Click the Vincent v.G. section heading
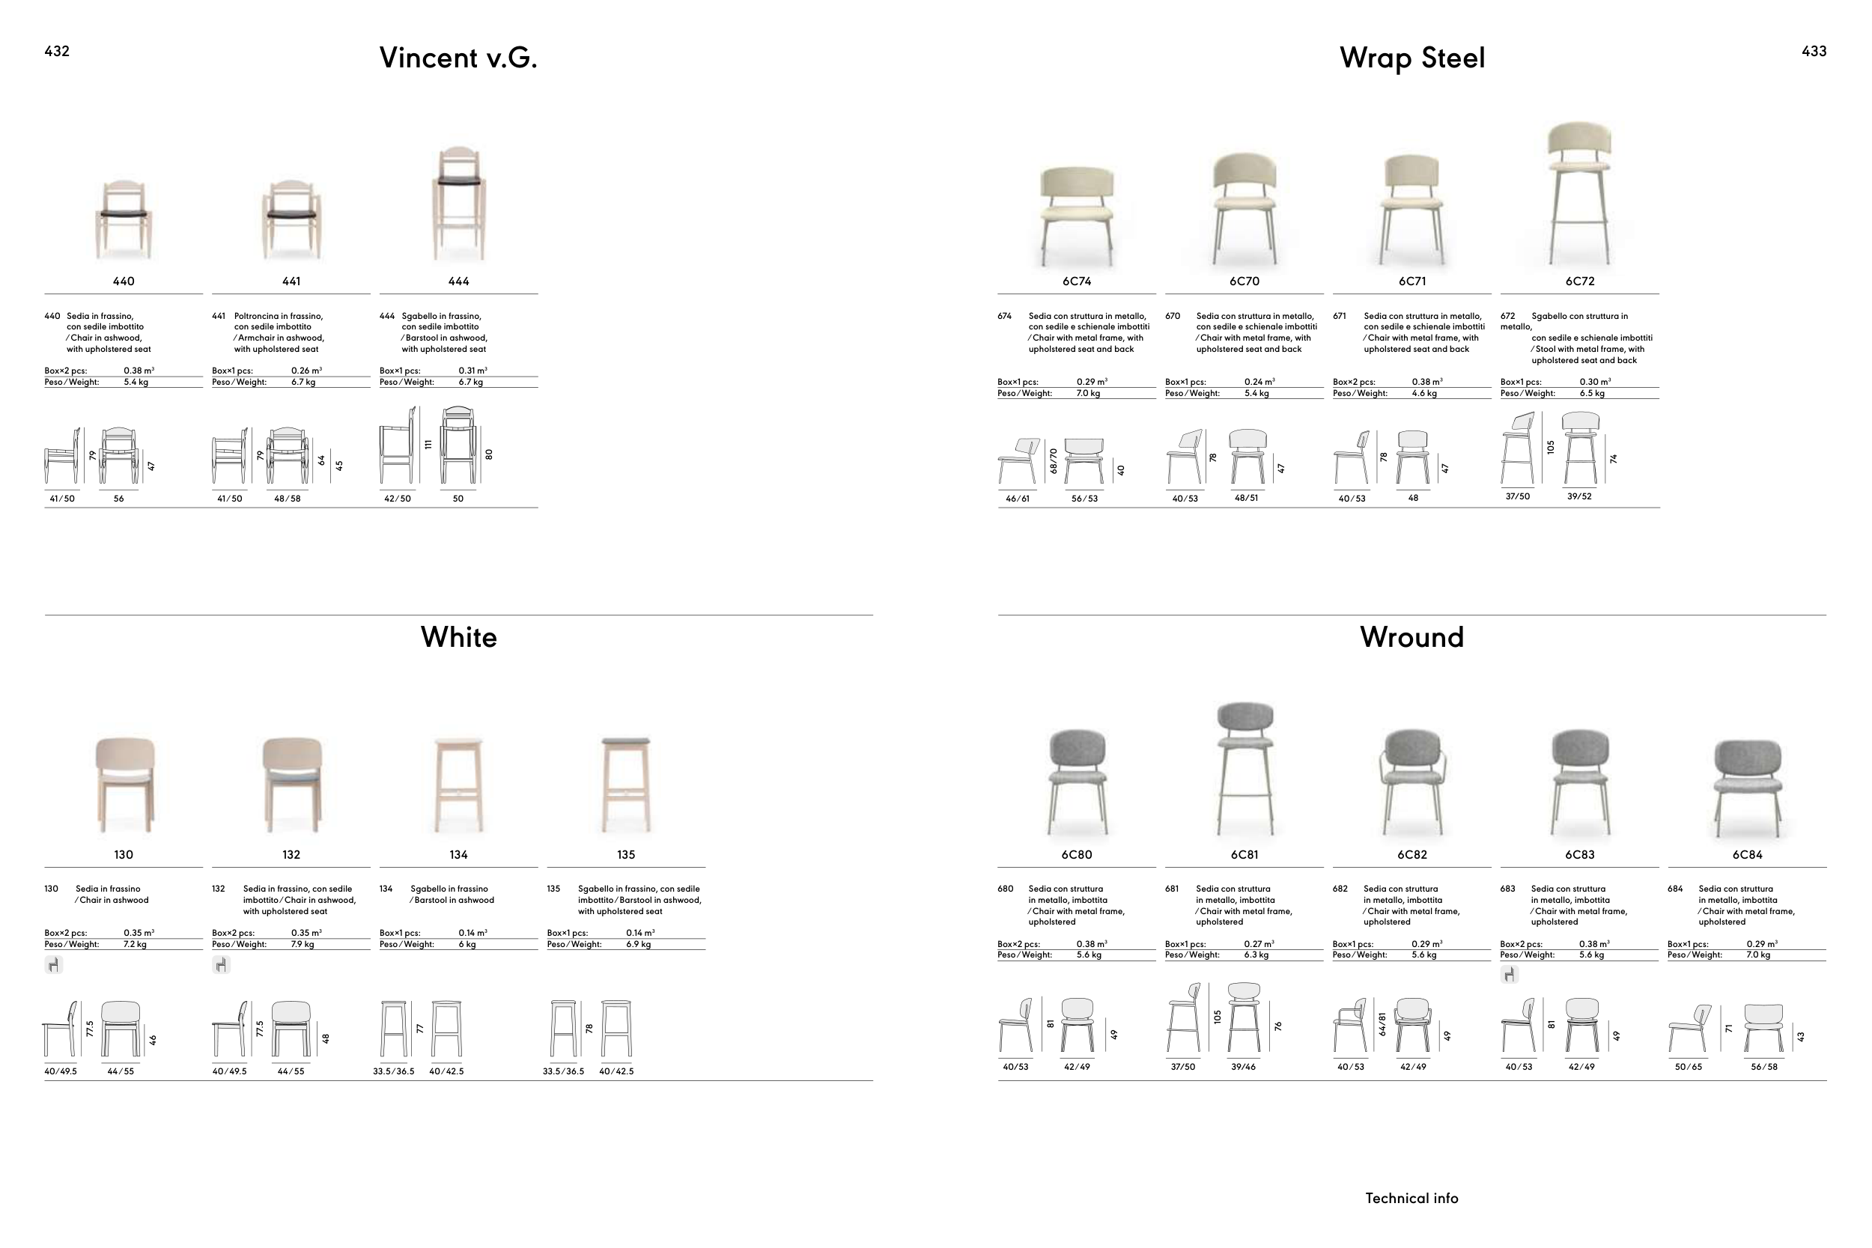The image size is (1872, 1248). (458, 58)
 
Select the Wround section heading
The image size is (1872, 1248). (1411, 637)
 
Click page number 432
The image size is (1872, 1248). (56, 51)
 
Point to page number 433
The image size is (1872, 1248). (1814, 51)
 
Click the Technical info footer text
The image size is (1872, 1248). (1411, 1198)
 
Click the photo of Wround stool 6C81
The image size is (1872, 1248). (1244, 768)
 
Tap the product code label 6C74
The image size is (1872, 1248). (1076, 281)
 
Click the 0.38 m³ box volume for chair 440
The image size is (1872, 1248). (139, 370)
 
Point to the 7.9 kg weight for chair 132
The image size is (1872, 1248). (303, 944)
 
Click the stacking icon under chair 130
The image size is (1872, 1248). (53, 965)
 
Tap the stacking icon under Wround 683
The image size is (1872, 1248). (1509, 974)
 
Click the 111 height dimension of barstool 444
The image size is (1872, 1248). (428, 444)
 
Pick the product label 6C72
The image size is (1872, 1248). (1579, 281)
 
